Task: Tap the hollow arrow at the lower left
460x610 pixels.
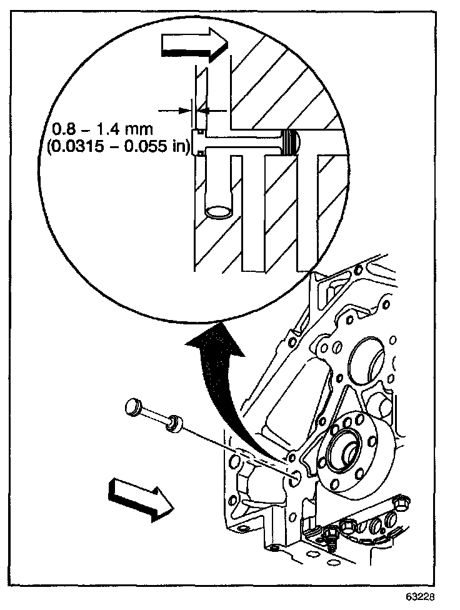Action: [x=139, y=497]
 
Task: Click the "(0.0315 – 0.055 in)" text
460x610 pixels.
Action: [x=116, y=151]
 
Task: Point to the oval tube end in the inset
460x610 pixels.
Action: [x=219, y=213]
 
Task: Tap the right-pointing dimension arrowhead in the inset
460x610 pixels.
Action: [x=186, y=109]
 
